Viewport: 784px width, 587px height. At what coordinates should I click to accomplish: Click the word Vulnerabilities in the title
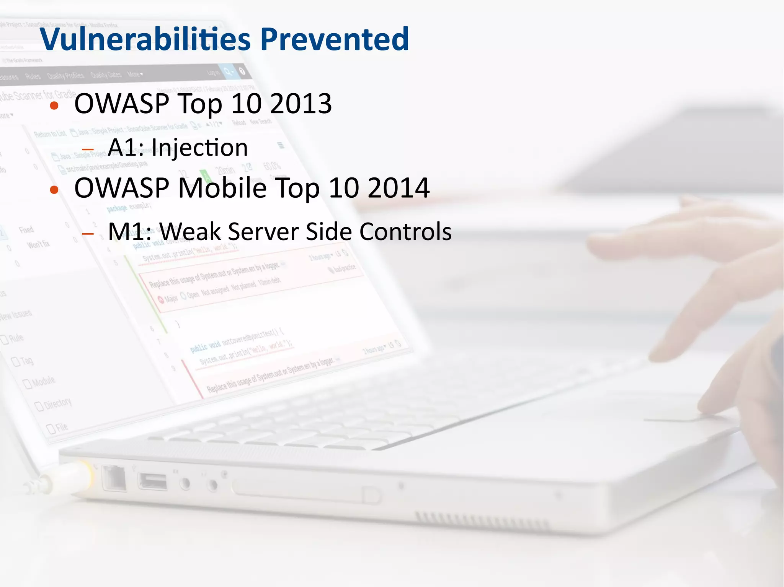click(145, 39)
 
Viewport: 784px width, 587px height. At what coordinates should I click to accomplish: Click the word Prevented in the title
click(335, 39)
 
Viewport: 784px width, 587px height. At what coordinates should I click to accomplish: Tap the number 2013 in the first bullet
click(301, 104)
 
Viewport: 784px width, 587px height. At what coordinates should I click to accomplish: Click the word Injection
click(200, 147)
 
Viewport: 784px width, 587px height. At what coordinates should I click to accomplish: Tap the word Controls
click(405, 232)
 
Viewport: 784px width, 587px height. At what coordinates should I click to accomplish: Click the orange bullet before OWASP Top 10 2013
click(54, 106)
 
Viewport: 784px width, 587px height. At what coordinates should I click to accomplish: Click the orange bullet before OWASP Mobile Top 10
click(54, 190)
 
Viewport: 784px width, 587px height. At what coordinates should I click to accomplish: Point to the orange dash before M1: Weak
click(88, 233)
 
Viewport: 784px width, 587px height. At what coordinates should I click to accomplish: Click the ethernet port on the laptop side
click(114, 478)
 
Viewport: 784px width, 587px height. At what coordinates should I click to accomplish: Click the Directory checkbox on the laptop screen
click(39, 406)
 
